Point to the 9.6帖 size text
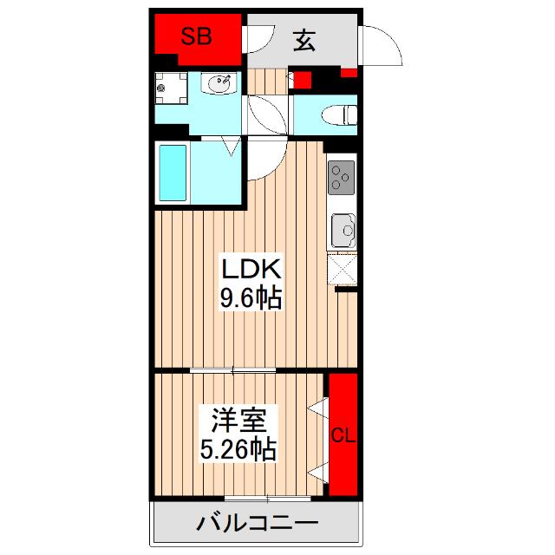coord(249,298)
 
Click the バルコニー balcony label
coord(257,524)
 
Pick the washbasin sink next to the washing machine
coord(220,85)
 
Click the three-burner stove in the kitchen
coord(341,180)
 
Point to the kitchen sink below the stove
coord(343,230)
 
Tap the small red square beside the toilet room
coord(303,82)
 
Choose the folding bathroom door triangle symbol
coord(232,147)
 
